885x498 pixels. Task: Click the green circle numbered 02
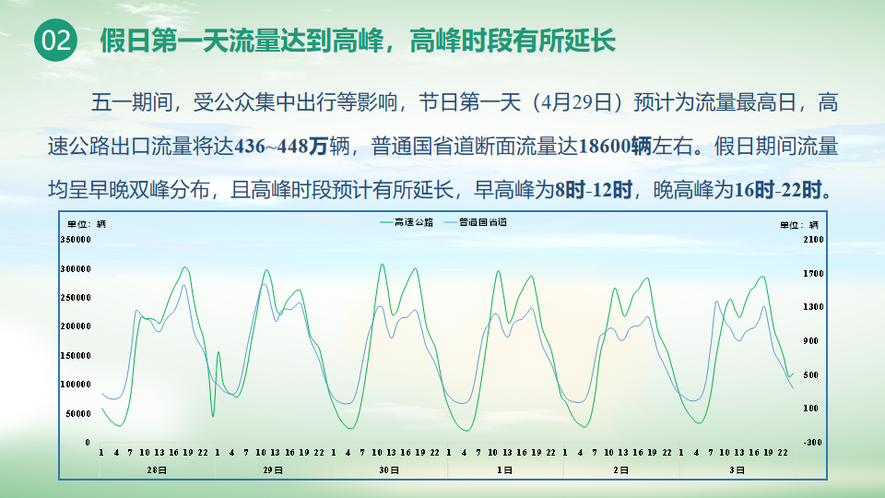(56, 40)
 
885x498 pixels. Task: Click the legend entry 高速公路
(407, 222)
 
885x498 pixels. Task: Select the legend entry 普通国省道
(476, 222)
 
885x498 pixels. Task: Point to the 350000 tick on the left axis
(76, 240)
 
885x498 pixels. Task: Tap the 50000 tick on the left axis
(78, 414)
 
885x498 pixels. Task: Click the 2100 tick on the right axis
(813, 240)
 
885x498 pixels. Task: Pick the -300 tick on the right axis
(813, 442)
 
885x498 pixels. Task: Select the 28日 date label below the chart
(157, 469)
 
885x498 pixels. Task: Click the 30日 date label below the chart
(389, 469)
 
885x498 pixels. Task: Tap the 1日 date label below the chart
(504, 469)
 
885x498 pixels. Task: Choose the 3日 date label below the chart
(737, 469)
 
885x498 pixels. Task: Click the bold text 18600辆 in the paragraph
(615, 147)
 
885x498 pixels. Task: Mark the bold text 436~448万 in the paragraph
(281, 147)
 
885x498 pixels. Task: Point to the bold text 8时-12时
(593, 190)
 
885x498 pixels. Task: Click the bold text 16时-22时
(777, 190)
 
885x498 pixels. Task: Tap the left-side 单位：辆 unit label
(87, 224)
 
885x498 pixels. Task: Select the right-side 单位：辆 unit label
(799, 225)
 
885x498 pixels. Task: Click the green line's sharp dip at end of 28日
(213, 416)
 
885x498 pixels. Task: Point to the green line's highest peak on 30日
(382, 265)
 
